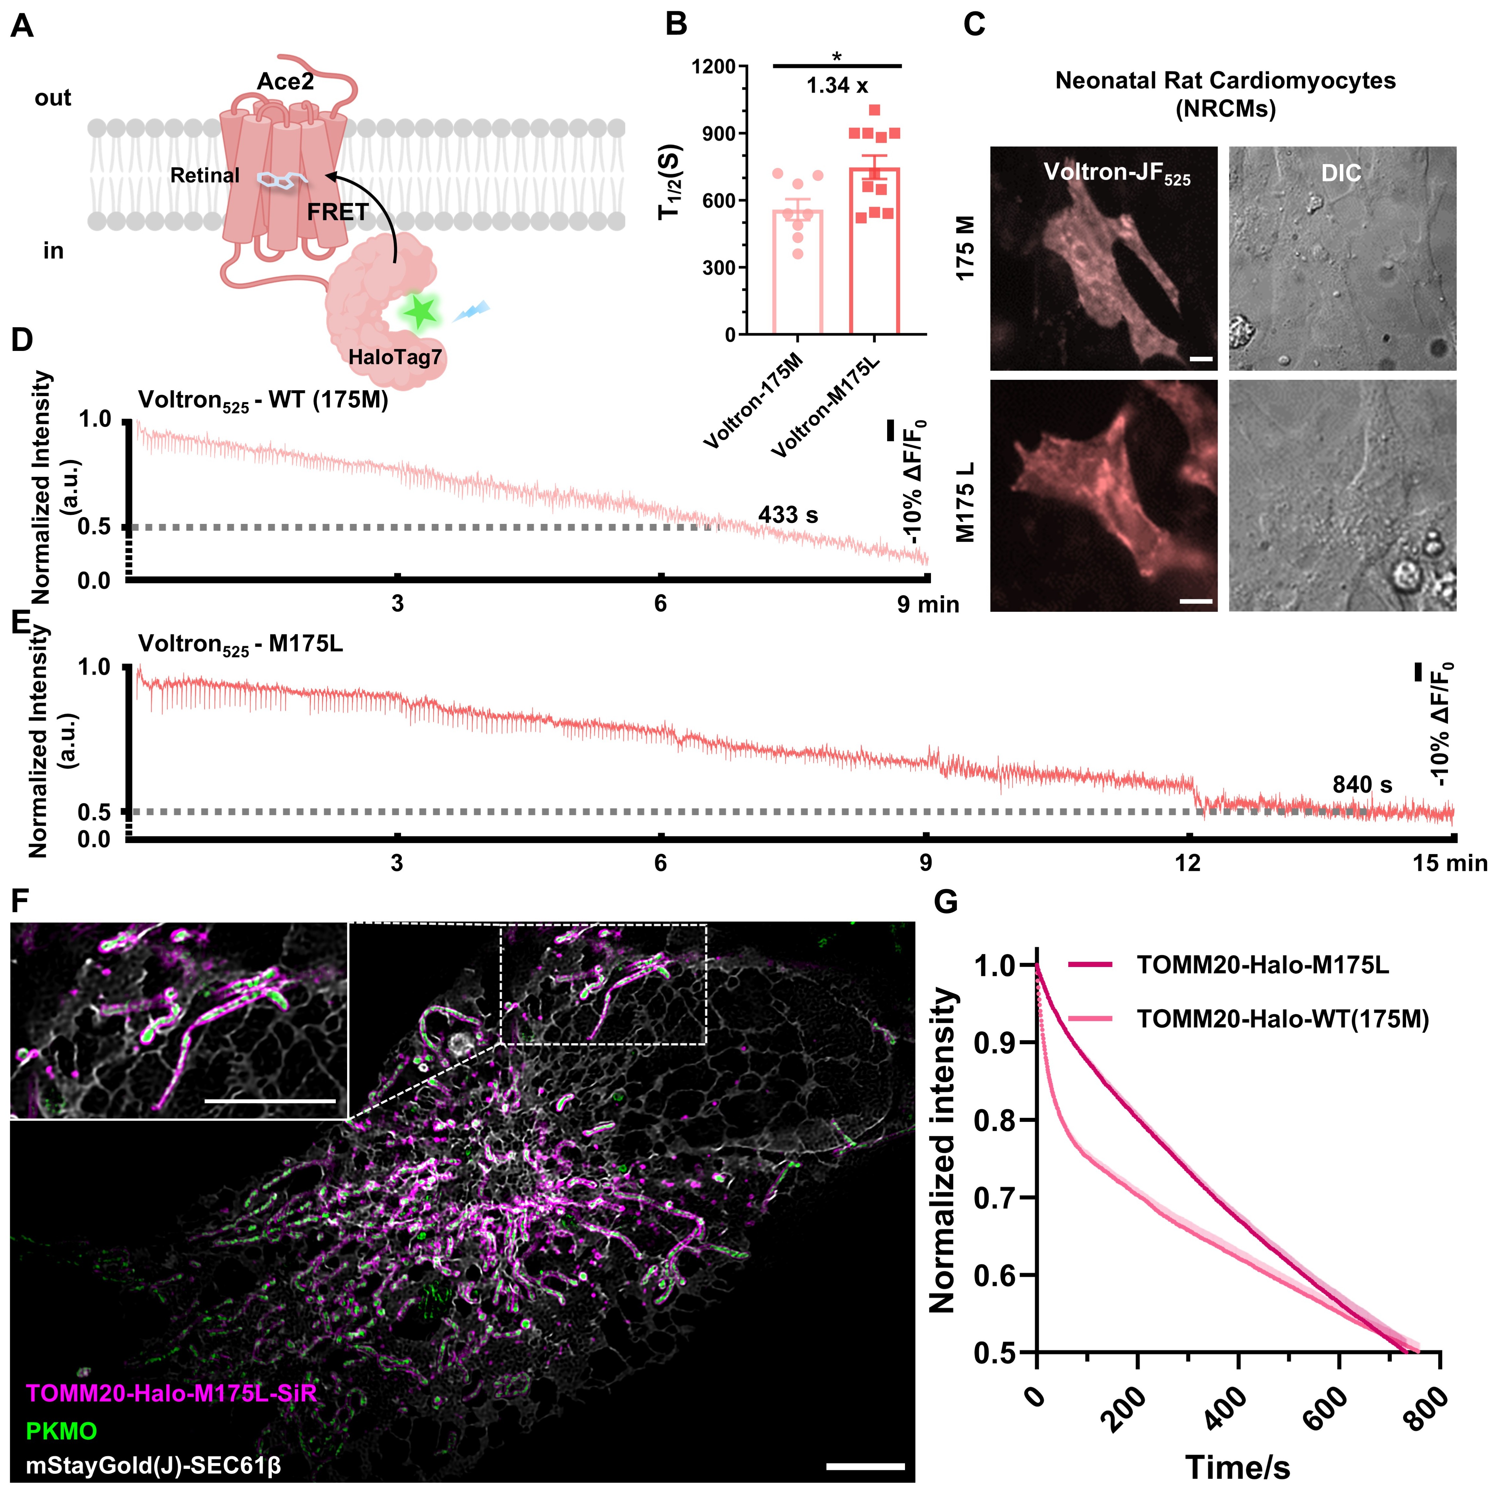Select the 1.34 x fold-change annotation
click(837, 86)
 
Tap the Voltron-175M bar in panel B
click(798, 271)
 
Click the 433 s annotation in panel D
click(788, 514)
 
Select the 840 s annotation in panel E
click(1362, 785)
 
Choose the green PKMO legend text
click(62, 1431)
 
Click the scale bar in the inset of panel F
click(271, 1100)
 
